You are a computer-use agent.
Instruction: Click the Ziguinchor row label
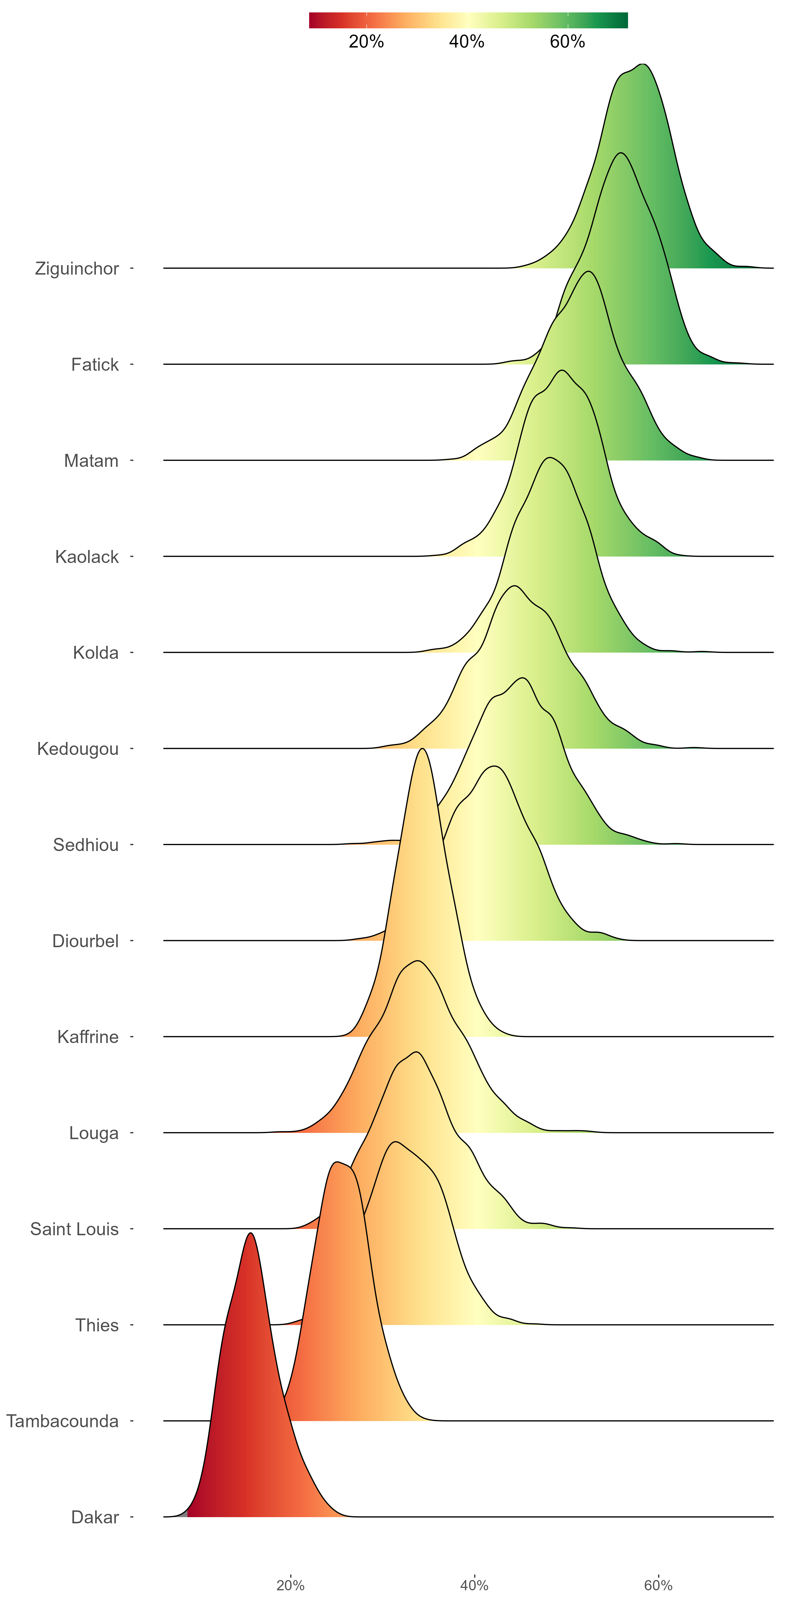click(x=77, y=269)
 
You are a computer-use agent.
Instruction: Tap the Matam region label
click(x=91, y=461)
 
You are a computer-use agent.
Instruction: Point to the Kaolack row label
click(x=87, y=556)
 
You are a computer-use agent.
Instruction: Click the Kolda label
click(x=96, y=653)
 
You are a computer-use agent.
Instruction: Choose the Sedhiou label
click(x=86, y=845)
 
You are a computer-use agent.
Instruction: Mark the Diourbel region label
click(x=86, y=941)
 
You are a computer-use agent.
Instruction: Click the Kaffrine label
click(x=88, y=1037)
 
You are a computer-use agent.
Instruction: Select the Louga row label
click(x=94, y=1133)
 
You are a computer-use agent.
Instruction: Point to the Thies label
click(x=97, y=1325)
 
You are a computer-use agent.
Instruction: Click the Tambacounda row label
click(x=62, y=1421)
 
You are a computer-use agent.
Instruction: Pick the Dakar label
click(x=95, y=1517)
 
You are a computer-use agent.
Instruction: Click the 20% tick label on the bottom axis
click(x=291, y=1585)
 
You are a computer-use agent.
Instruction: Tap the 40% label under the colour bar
click(x=467, y=42)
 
